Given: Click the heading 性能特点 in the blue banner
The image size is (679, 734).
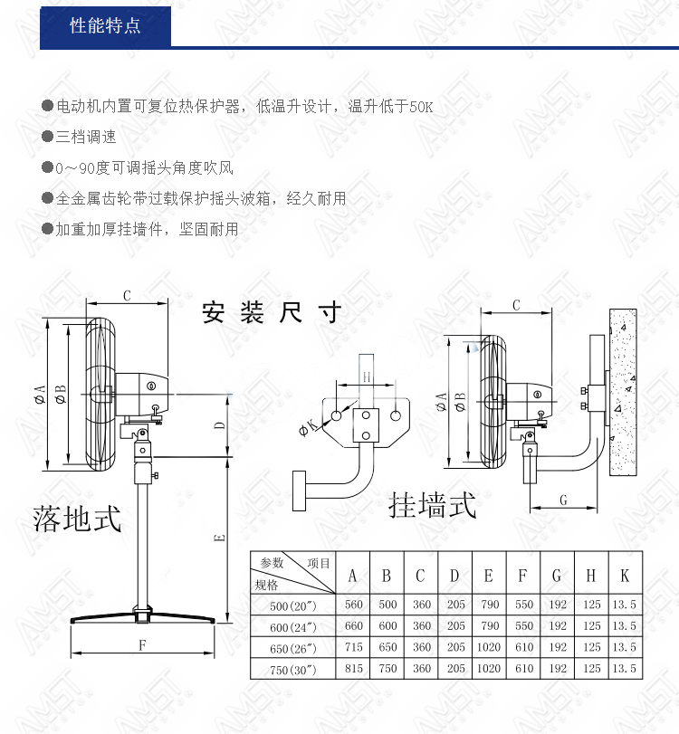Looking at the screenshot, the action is (105, 25).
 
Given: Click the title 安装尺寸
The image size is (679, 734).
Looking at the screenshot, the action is (272, 312).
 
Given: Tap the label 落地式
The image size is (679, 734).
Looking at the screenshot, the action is (77, 519).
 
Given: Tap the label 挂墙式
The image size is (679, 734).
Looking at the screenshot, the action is (432, 505).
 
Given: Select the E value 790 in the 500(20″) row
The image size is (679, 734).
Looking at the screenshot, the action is (490, 605).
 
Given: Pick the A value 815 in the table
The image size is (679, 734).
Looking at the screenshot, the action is (354, 669).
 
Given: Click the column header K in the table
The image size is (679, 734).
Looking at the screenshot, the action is (625, 576).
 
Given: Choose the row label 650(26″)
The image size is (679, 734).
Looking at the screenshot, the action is (293, 648).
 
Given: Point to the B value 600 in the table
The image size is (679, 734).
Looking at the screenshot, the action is (387, 626).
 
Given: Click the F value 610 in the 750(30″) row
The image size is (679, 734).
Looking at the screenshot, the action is (524, 669).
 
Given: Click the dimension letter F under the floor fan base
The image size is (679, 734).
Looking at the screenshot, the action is (142, 645).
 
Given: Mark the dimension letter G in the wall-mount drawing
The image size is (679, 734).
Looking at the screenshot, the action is (563, 500).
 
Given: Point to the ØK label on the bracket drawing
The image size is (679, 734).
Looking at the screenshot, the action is (308, 427).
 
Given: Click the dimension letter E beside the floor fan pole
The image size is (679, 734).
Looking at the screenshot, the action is (220, 538).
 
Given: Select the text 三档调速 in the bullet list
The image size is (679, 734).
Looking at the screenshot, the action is (86, 137).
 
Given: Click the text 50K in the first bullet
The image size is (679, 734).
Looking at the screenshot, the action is (421, 107).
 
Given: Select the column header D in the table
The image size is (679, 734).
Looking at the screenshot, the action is (454, 576).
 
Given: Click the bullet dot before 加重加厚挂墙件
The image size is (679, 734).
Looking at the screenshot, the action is (47, 229).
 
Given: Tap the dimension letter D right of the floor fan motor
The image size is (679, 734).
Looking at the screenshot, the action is (220, 425).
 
